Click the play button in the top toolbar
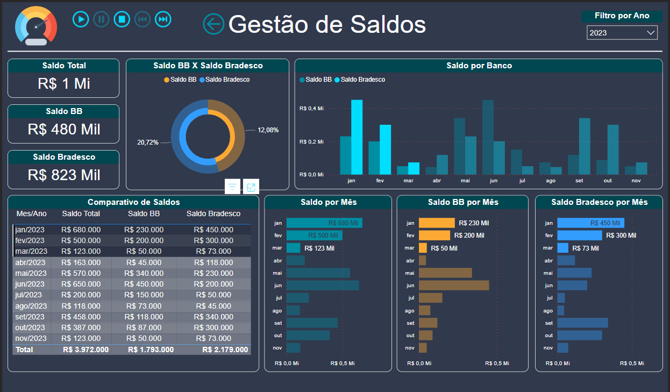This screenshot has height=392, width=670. [x=81, y=19]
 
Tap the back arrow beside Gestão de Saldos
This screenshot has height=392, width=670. [x=213, y=24]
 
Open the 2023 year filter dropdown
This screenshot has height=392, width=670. [x=622, y=33]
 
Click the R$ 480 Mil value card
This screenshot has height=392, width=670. [x=63, y=130]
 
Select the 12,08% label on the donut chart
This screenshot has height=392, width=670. [x=268, y=130]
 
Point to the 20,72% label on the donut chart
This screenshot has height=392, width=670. [x=148, y=142]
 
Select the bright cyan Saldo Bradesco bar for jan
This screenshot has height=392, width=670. [x=357, y=137]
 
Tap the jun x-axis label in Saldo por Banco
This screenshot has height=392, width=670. [x=494, y=181]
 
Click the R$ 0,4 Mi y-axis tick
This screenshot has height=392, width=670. [x=311, y=109]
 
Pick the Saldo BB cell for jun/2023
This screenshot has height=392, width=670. [x=144, y=284]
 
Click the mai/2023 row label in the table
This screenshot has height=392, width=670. [x=31, y=273]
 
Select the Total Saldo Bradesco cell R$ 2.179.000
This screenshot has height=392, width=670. [x=225, y=350]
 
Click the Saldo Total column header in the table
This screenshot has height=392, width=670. [x=81, y=213]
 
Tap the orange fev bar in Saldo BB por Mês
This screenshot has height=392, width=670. [x=434, y=236]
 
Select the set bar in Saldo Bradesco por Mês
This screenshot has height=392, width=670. [x=582, y=323]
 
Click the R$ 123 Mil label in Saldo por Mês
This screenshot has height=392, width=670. [x=319, y=248]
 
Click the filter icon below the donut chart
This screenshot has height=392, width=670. [x=232, y=187]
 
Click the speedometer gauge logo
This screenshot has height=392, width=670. [x=36, y=26]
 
